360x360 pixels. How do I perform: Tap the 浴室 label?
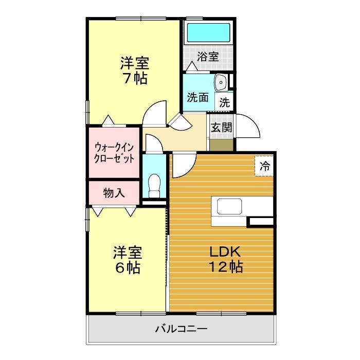208,57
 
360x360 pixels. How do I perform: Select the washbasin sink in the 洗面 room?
221,82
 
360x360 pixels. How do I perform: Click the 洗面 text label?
197,98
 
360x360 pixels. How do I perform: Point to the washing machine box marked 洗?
225,102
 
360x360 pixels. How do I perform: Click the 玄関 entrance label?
222,128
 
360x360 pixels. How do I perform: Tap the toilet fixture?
153,184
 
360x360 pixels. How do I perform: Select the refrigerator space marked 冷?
264,166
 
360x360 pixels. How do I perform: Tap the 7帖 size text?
135,79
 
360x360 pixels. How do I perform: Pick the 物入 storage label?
114,193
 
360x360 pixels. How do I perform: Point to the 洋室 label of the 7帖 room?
135,64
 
